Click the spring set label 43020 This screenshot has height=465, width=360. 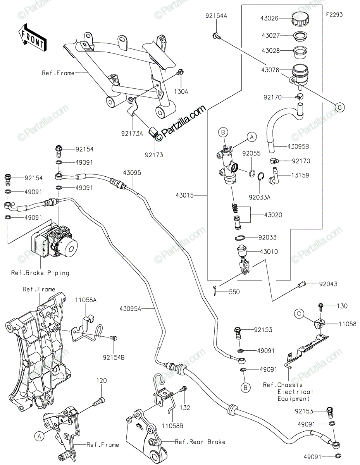pyautogui.click(x=273, y=214)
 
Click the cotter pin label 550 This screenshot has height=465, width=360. pyautogui.click(x=234, y=291)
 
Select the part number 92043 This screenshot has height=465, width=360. pyautogui.click(x=328, y=284)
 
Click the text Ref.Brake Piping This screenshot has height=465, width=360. pyautogui.click(x=40, y=273)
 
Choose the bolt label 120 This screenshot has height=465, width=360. pyautogui.click(x=101, y=381)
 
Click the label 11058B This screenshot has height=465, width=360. pyautogui.click(x=173, y=425)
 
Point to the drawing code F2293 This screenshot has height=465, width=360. pyautogui.click(x=334, y=15)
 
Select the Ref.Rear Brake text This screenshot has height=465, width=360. pyautogui.click(x=200, y=442)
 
